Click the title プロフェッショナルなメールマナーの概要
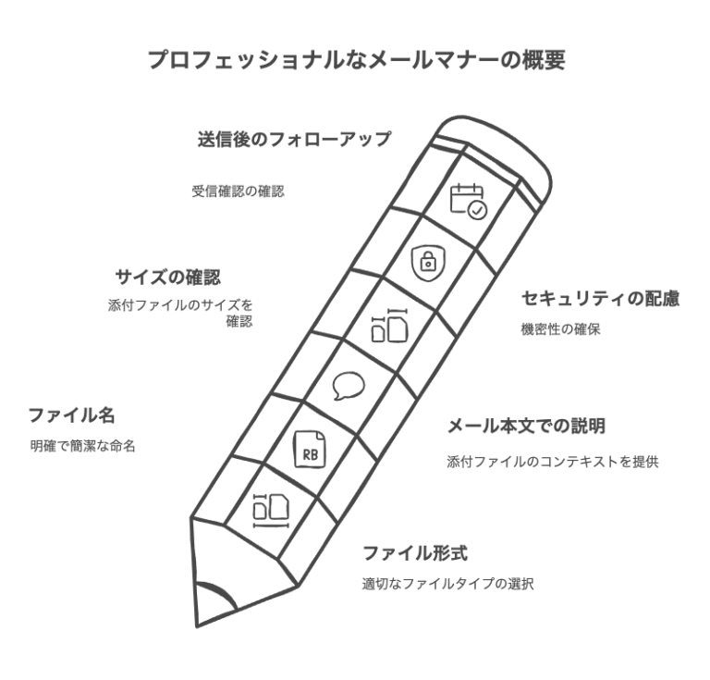[357, 60]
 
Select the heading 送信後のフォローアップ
[294, 139]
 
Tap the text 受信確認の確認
[239, 192]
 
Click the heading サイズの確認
[168, 277]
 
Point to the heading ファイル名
[71, 415]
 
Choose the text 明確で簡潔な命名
[83, 446]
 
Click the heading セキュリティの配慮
[600, 299]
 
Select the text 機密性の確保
[560, 329]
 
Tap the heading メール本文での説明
[527, 426]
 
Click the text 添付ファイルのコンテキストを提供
[553, 462]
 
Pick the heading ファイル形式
[415, 553]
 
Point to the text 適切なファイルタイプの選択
[447, 584]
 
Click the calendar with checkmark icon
[468, 201]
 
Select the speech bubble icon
[349, 386]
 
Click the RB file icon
[310, 449]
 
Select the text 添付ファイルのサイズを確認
[180, 313]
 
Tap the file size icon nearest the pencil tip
[271, 511]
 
